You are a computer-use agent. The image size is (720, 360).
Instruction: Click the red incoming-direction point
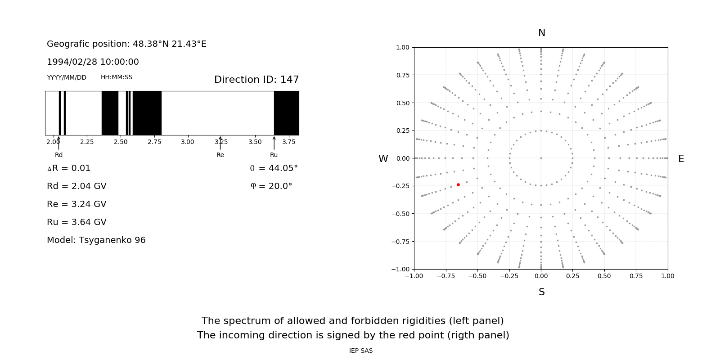pos(458,184)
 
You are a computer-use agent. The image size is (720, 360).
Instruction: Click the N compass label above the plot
pos(541,33)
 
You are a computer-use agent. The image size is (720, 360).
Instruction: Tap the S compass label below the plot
pos(541,292)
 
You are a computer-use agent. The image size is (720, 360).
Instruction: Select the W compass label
pos(383,159)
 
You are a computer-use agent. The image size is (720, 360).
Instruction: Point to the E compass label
pos(681,159)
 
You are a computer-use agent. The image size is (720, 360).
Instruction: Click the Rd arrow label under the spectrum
pos(58,155)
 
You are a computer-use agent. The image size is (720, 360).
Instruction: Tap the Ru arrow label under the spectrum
pos(274,155)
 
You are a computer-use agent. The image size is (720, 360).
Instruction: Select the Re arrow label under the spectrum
pos(220,155)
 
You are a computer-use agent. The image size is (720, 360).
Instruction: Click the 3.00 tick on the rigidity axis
pos(188,142)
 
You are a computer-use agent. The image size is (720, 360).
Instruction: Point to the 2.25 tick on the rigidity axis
pos(87,142)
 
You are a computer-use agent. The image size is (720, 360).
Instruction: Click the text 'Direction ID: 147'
pos(256,80)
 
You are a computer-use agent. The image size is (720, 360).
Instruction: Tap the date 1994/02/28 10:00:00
pos(93,62)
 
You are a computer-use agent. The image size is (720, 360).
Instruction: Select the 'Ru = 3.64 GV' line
pos(76,222)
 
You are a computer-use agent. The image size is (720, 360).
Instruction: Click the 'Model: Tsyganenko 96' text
pos(96,240)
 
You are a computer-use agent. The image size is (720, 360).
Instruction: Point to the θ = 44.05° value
pos(274,168)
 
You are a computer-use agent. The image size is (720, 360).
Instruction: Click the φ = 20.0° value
pos(271,186)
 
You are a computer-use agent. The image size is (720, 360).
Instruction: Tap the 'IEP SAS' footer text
pos(361,351)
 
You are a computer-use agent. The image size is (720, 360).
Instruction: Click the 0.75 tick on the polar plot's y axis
pos(402,75)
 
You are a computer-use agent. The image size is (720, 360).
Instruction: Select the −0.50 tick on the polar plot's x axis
pos(477,276)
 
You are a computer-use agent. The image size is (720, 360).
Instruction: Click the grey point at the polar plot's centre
pos(541,158)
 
